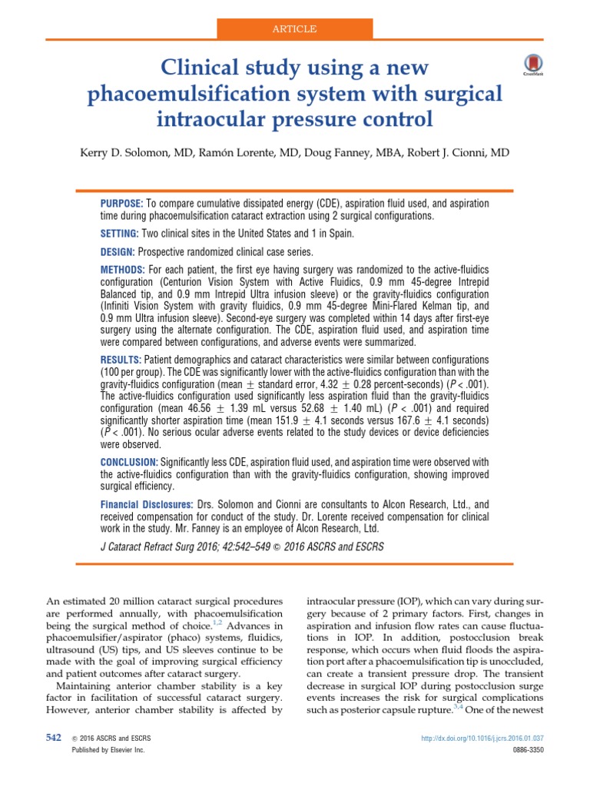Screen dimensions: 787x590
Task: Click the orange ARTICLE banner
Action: pos(295,28)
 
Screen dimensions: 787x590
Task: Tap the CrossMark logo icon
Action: pos(530,65)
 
